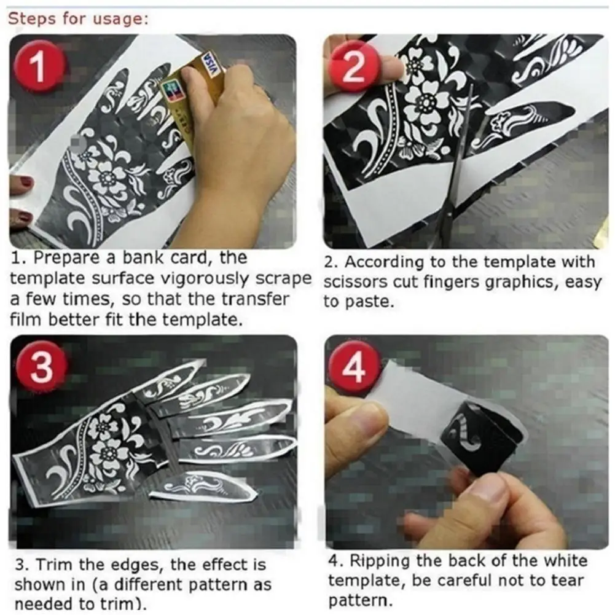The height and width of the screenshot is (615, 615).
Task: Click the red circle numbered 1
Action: click(39, 68)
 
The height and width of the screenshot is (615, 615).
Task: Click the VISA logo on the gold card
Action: click(211, 63)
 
